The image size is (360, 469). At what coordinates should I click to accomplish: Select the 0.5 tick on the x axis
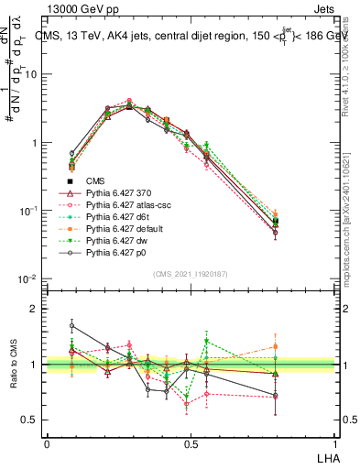coord(190,442)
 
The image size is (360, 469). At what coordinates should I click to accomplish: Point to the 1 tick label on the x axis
coord(333,442)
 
